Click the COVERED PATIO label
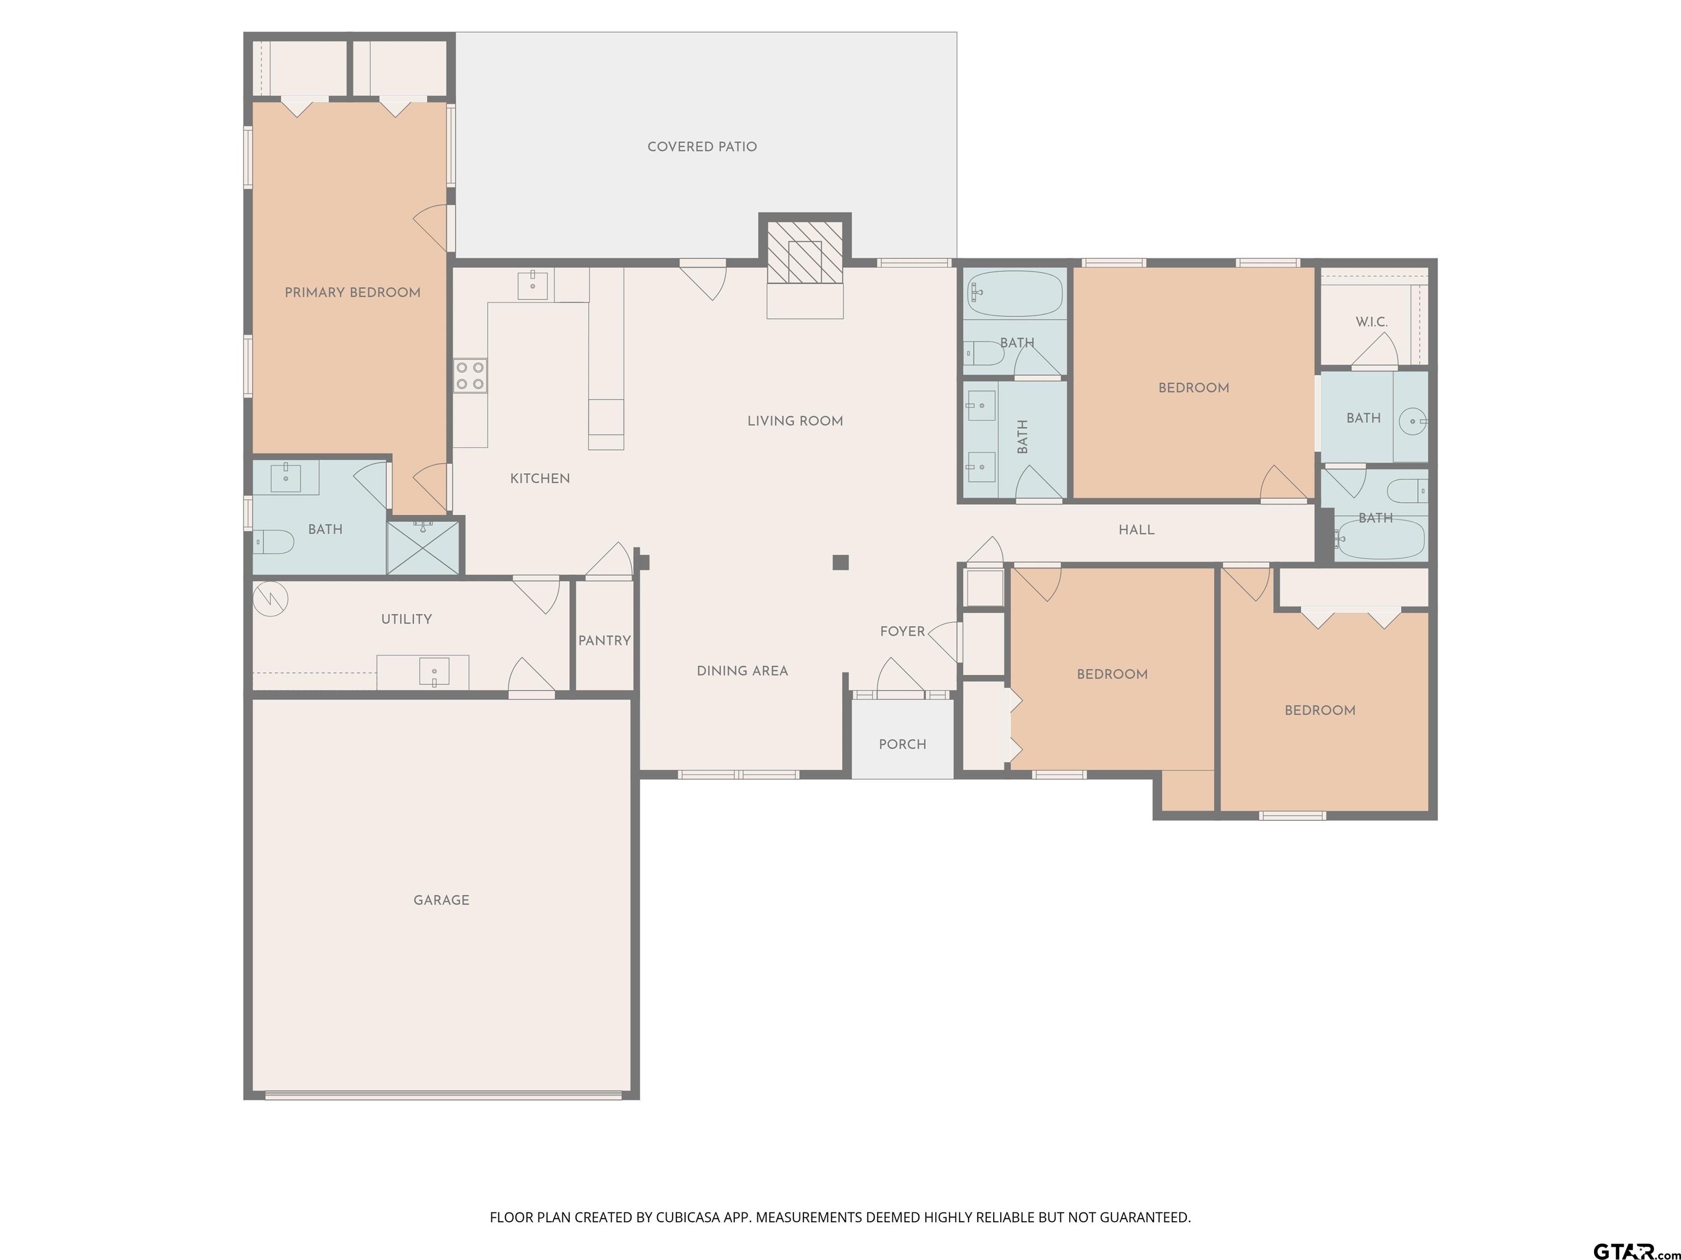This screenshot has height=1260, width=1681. pos(702,147)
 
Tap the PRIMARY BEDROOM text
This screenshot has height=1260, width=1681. pos(352,293)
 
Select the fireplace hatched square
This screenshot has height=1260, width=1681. pos(805,252)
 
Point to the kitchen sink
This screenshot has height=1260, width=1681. pos(533,285)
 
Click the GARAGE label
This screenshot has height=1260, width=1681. pos(442,900)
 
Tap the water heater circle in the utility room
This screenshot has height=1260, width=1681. pos(270,598)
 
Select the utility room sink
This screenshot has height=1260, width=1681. pos(434,672)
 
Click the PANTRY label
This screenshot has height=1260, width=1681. pos(604,640)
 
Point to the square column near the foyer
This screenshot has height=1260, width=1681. pos(840,562)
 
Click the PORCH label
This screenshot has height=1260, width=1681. pos(903,744)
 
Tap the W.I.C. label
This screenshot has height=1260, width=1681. pos(1372,322)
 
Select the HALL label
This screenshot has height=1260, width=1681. pos(1137,530)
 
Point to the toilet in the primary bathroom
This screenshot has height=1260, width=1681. pos(274,541)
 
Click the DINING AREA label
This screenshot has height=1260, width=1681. pos(743,670)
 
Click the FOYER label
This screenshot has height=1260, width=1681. pos(903,631)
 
